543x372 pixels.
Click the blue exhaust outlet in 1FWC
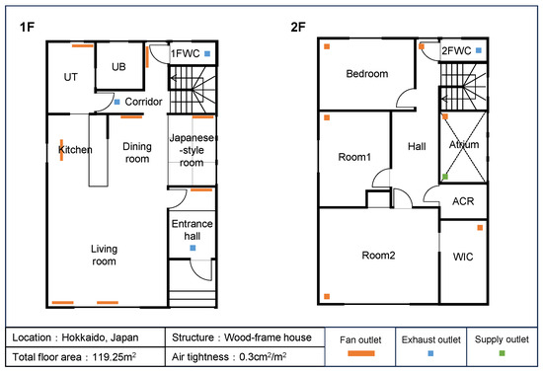point(207,53)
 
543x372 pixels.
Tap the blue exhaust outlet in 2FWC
point(479,50)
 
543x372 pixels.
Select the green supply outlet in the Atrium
point(445,177)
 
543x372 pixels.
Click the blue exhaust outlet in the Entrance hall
point(193,248)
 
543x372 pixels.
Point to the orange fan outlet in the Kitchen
point(61,150)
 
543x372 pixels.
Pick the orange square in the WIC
point(480,228)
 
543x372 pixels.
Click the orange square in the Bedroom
point(327,46)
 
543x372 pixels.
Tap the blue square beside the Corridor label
point(117,102)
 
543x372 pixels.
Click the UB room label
point(118,67)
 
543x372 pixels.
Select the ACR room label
point(463,201)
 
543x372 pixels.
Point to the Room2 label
point(378,256)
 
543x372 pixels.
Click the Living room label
point(104,255)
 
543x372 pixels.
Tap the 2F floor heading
point(298,27)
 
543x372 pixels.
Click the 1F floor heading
point(27,27)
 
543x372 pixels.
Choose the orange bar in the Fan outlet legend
point(361,353)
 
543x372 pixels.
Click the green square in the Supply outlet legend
point(503,353)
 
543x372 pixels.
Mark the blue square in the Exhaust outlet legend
point(430,353)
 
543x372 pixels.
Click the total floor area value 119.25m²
point(114,357)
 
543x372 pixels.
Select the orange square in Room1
point(327,117)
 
